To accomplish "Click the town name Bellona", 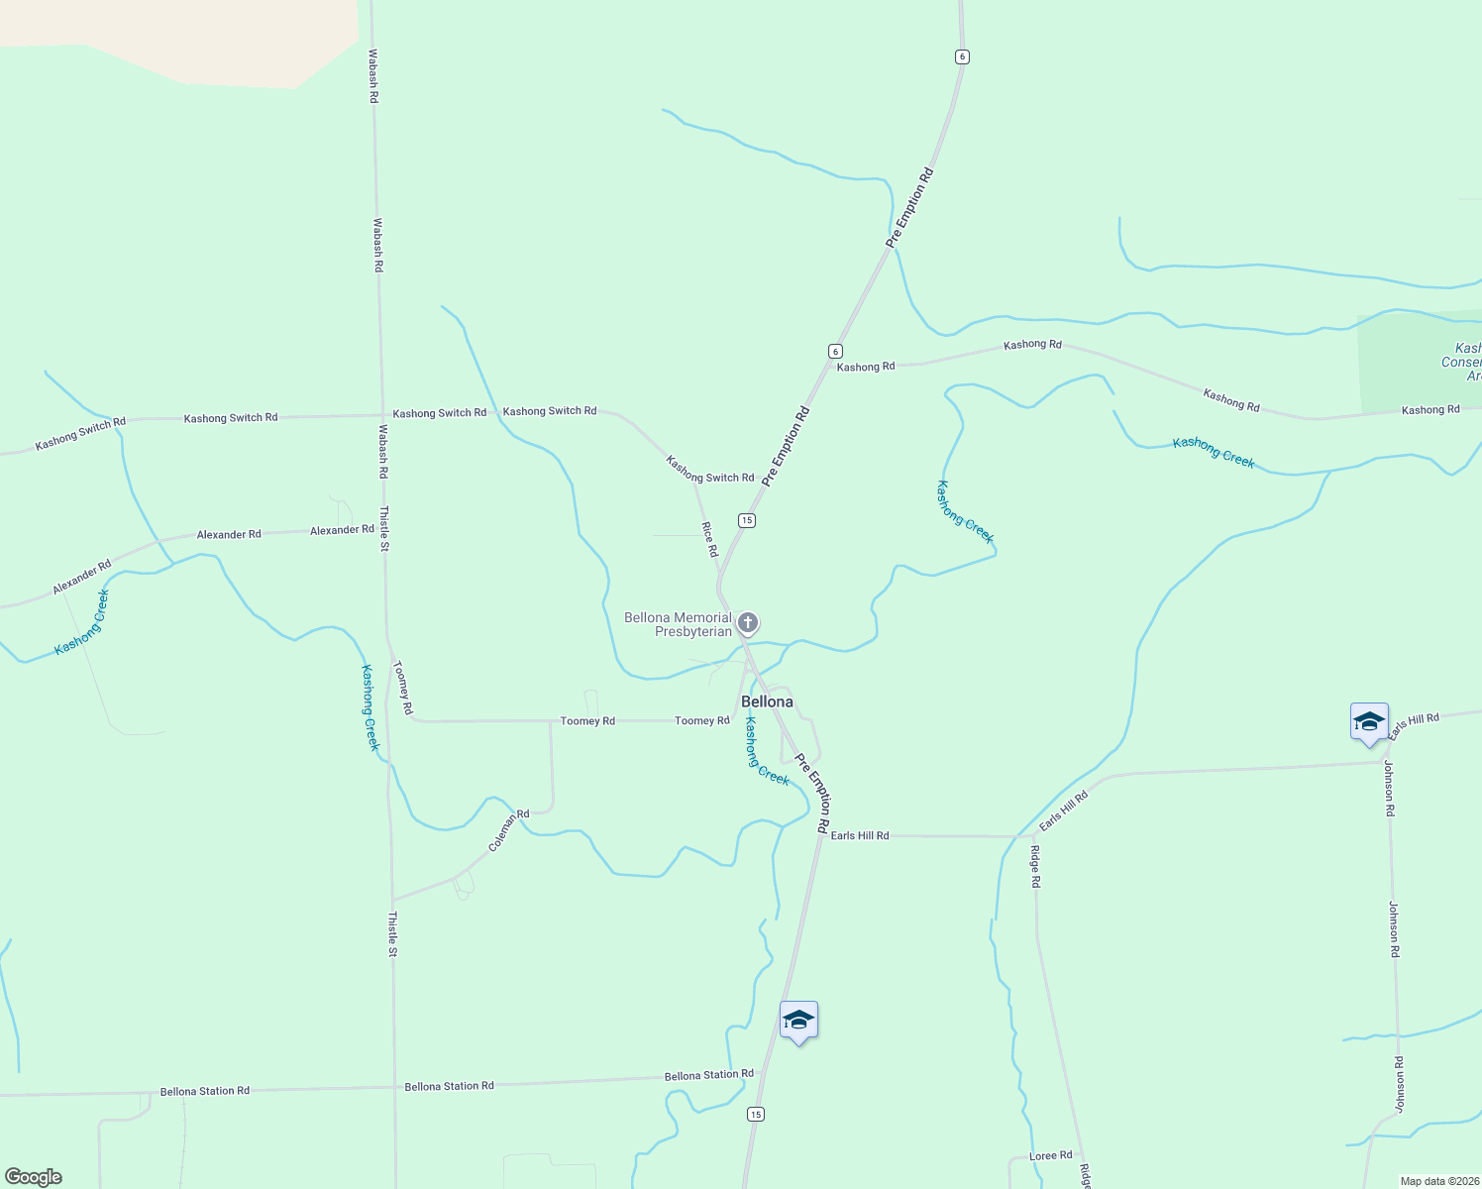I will (x=767, y=702).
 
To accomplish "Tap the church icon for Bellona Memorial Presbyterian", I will (x=748, y=623).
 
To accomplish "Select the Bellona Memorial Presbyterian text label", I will (x=679, y=624).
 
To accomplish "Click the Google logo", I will (x=34, y=1176).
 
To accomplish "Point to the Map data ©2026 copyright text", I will (x=1438, y=1181).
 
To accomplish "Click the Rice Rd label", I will (x=709, y=539).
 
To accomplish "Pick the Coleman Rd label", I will (x=508, y=831).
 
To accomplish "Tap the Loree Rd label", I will (x=1050, y=1156).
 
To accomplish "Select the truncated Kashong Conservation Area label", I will (x=1461, y=362).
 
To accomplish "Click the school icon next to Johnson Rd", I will (x=1369, y=722).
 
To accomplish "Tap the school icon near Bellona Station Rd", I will (x=798, y=1021).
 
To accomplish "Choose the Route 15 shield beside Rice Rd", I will (x=747, y=520).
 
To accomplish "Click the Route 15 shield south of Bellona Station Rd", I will (x=756, y=1114).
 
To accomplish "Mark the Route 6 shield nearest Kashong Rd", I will (x=835, y=351).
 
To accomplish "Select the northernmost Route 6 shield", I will (x=962, y=56).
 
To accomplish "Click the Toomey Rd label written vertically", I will (x=403, y=688).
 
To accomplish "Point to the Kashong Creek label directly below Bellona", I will (x=767, y=751).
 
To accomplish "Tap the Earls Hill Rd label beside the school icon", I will (x=1414, y=726).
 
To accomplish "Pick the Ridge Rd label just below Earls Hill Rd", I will (x=1035, y=866).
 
